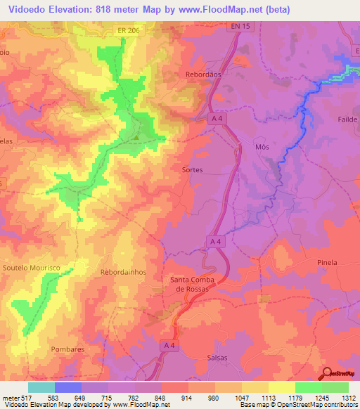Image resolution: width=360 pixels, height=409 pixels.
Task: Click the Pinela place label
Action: click(328, 262)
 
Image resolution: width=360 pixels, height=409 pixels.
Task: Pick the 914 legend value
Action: click(186, 398)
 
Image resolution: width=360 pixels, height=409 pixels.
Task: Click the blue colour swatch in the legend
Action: click(68, 387)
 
